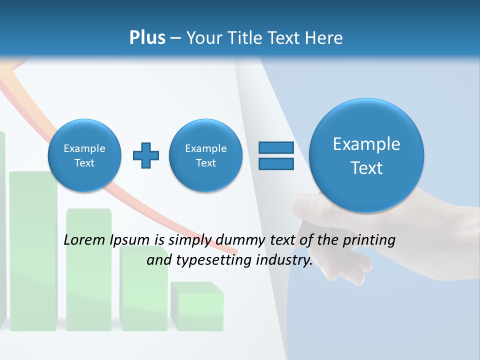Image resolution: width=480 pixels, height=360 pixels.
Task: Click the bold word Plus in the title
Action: coord(147,37)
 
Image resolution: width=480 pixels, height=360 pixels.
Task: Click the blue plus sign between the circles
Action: coord(146,155)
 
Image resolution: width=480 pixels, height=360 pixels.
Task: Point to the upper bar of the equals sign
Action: coord(276,148)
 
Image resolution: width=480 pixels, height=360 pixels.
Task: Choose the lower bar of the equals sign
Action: coord(276,164)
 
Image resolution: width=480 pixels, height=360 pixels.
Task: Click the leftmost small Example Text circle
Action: coord(84,155)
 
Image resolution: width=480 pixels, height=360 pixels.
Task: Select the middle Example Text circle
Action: coord(205,155)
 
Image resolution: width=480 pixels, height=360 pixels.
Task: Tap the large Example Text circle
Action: coord(366,155)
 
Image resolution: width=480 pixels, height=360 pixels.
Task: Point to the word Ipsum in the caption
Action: coord(130,240)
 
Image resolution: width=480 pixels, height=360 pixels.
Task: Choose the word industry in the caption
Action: coord(283,260)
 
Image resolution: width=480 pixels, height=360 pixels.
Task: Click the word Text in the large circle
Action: coord(366,168)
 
